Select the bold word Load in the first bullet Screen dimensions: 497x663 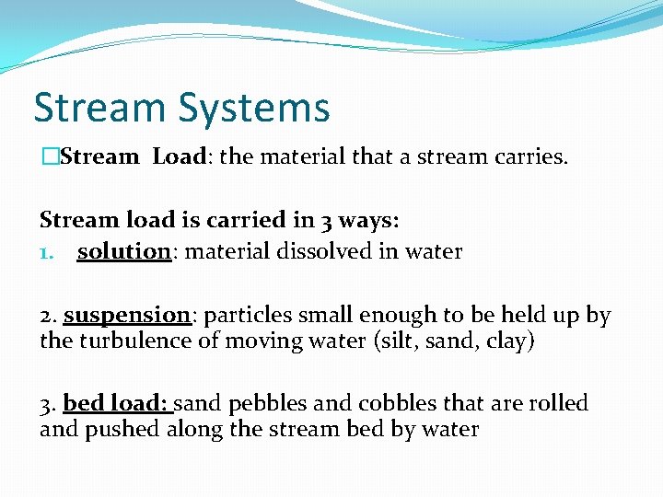click(179, 157)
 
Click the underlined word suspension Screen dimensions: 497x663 click(126, 315)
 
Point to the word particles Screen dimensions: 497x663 click(242, 315)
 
